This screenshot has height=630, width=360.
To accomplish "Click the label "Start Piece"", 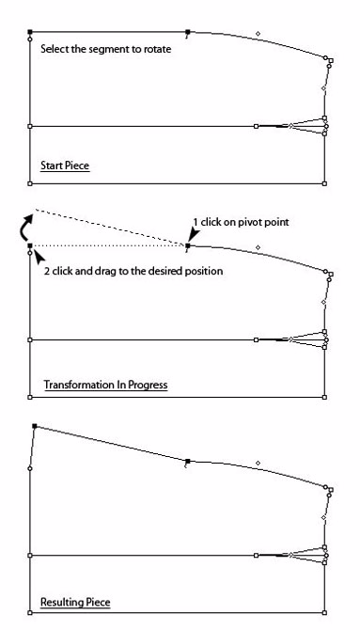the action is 64,166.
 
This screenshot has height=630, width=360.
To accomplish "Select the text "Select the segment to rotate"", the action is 106,50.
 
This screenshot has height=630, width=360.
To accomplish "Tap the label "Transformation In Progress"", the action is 105,385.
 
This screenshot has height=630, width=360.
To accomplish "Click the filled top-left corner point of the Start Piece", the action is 30,32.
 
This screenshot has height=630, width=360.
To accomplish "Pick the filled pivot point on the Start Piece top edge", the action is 188,32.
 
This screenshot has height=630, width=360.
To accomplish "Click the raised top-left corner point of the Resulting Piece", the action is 34,426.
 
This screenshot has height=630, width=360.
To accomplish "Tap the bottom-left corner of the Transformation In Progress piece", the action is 30,398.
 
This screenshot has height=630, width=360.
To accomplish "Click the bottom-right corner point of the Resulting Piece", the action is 325,614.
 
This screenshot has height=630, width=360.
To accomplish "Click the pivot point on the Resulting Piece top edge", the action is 188,461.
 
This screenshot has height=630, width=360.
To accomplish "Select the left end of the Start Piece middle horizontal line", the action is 30,125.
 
